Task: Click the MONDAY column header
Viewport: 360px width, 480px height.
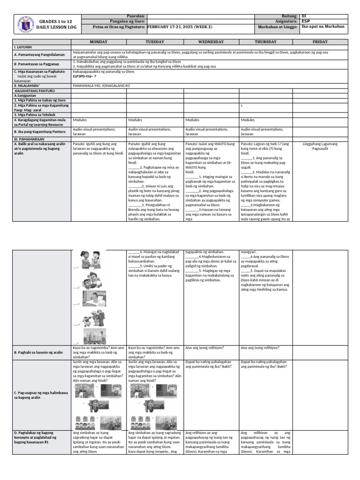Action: coord(99,42)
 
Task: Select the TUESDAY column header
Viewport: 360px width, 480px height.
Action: coord(155,42)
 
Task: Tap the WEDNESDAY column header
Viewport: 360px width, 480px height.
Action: coord(211,42)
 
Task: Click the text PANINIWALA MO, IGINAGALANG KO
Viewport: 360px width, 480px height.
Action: coord(101,86)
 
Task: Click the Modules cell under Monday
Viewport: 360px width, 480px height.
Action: coord(81,120)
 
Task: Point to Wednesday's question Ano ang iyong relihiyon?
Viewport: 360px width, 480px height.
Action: coord(205,348)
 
